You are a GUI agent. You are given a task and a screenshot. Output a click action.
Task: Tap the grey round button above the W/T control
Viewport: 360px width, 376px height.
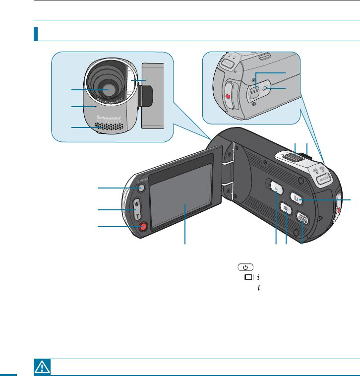[x=140, y=188]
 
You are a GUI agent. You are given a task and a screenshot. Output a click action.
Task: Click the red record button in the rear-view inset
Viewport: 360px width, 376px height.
[x=228, y=96]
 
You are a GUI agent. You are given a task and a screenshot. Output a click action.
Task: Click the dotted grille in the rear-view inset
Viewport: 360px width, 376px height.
[x=266, y=89]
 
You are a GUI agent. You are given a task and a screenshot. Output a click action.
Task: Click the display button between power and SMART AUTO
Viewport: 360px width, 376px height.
[x=286, y=208]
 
